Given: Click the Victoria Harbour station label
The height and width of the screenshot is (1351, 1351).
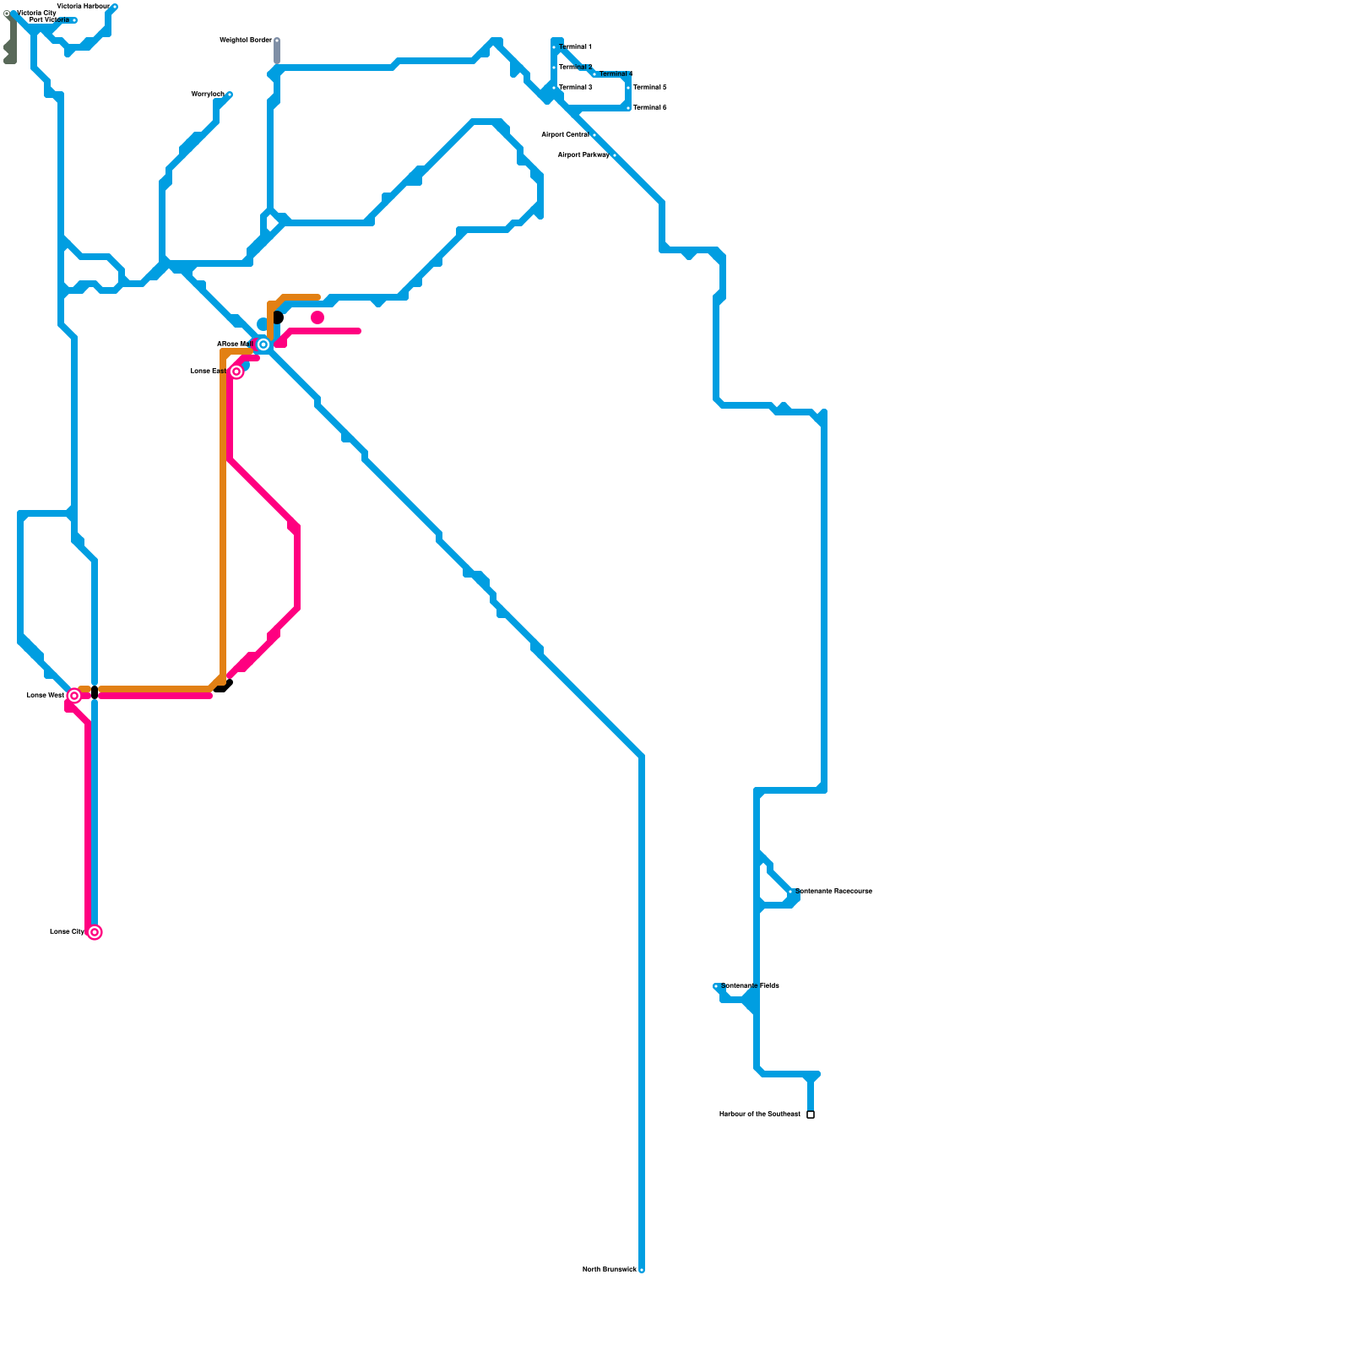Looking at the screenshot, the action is pyautogui.click(x=83, y=7).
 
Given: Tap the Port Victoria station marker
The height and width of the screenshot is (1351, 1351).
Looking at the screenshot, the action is pyautogui.click(x=74, y=20).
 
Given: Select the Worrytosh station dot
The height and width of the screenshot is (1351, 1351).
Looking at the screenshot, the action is pyautogui.click(x=230, y=95).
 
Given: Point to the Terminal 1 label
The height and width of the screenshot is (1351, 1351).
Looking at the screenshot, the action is pyautogui.click(x=575, y=47).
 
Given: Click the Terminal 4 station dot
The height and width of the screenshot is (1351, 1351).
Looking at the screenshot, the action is pyautogui.click(x=594, y=74).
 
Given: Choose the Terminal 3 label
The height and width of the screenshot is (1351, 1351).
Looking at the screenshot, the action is pyautogui.click(x=575, y=88).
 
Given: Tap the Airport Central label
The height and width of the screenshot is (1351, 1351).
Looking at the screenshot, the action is pyautogui.click(x=565, y=135).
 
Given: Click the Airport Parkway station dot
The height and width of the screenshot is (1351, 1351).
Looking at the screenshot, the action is pyautogui.click(x=614, y=155).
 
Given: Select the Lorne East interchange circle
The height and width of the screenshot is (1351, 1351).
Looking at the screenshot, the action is pyautogui.click(x=236, y=372).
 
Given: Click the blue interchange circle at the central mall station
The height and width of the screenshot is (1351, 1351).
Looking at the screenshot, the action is pyautogui.click(x=263, y=345).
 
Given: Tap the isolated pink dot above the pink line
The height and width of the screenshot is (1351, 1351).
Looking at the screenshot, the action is pyautogui.click(x=317, y=317).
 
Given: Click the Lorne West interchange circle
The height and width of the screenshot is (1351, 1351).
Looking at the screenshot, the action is pyautogui.click(x=74, y=696).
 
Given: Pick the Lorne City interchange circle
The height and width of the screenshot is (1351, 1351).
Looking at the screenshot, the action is pyautogui.click(x=95, y=932).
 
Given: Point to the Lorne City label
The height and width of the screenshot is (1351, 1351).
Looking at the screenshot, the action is pyautogui.click(x=67, y=932).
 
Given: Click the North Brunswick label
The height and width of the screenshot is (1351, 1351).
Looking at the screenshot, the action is pyautogui.click(x=609, y=1270).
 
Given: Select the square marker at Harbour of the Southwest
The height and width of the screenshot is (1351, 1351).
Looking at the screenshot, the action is pyautogui.click(x=811, y=1115).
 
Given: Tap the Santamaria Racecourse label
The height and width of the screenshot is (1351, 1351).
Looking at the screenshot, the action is pyautogui.click(x=834, y=892).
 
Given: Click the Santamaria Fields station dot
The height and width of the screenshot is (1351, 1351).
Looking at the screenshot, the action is pyautogui.click(x=716, y=986).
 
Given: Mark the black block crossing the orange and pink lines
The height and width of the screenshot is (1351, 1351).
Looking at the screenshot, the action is pyautogui.click(x=95, y=692).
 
